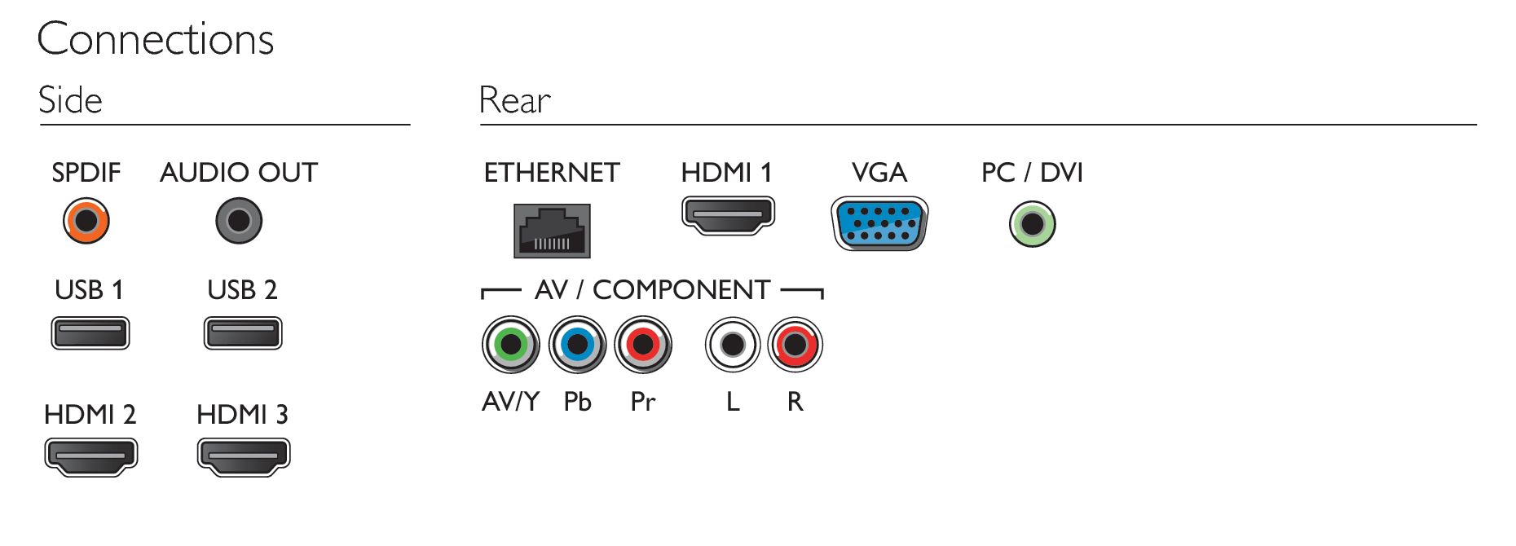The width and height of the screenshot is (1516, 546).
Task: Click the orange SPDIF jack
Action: tap(86, 220)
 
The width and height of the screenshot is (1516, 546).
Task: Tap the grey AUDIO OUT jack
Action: tap(239, 220)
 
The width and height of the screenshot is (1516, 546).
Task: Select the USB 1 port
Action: tap(90, 332)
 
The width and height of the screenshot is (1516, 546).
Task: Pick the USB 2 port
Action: tap(243, 332)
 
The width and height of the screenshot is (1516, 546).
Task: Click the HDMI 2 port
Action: tap(91, 456)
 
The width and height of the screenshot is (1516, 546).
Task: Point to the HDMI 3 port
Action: tap(244, 456)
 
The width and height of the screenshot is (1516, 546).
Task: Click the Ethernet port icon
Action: tap(552, 231)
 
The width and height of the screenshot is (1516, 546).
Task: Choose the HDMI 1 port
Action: tap(728, 215)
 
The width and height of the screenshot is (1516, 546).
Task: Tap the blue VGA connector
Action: tap(879, 223)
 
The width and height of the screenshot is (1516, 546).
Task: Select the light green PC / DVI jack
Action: tap(1033, 224)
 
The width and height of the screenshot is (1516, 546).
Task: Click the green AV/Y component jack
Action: tap(511, 345)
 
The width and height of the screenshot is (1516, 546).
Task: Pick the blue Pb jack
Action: tap(577, 345)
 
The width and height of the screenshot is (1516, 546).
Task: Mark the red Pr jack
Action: tap(643, 345)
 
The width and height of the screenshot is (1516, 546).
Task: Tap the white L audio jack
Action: tap(733, 345)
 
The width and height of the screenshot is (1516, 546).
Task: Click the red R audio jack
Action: tap(795, 345)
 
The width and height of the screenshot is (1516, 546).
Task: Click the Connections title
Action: tap(156, 39)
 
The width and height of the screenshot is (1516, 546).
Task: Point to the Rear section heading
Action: tap(514, 100)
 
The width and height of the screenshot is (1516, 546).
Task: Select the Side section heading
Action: tap(70, 100)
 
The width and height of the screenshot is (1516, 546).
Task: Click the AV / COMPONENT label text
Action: tap(652, 290)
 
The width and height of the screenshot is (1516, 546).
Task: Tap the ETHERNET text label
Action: tap(552, 173)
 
